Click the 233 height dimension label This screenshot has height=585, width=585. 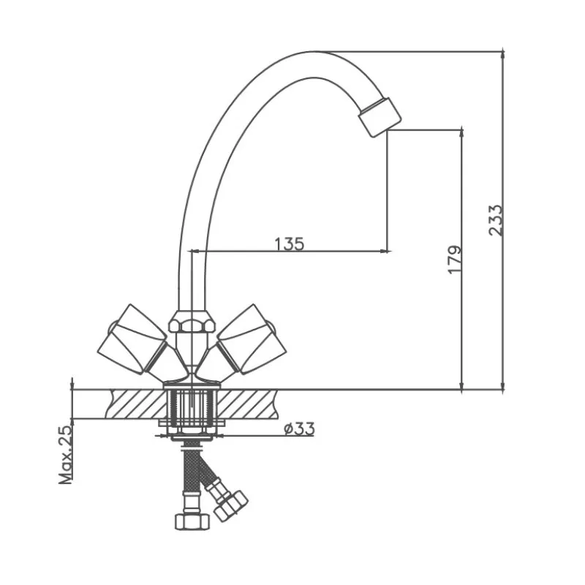[x=496, y=220]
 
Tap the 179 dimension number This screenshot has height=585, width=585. [x=454, y=260]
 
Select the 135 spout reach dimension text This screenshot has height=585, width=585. [x=290, y=244]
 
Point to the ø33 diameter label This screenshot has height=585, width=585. [x=299, y=429]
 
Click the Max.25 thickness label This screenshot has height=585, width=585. [x=65, y=454]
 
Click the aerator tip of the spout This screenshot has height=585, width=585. [x=380, y=117]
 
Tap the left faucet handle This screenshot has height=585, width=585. [x=132, y=339]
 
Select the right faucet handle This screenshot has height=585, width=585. [x=252, y=339]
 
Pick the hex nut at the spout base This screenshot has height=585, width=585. [x=192, y=322]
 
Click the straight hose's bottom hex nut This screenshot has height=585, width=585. [x=192, y=521]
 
